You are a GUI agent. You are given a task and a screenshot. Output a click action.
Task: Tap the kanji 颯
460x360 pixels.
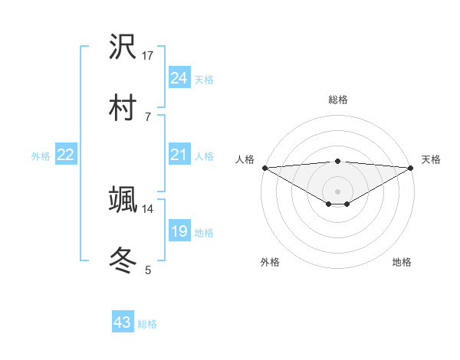click(123, 198)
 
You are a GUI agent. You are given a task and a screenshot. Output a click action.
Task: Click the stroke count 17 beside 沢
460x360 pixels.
click(148, 56)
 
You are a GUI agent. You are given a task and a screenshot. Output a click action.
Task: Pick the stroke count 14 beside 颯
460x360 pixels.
click(148, 208)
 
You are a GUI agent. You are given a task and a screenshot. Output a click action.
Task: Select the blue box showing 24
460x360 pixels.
click(179, 78)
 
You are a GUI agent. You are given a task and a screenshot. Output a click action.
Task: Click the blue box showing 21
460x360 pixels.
click(179, 155)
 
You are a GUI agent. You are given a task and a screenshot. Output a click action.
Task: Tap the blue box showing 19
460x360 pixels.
click(179, 231)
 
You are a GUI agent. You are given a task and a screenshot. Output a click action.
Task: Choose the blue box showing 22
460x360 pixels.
click(65, 155)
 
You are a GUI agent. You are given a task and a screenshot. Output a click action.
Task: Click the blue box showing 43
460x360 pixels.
click(122, 322)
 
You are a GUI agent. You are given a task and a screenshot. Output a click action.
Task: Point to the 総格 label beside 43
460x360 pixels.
click(147, 324)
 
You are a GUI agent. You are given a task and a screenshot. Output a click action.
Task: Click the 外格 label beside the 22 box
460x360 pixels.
click(41, 156)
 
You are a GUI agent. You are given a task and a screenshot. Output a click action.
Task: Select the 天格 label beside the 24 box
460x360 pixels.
click(203, 79)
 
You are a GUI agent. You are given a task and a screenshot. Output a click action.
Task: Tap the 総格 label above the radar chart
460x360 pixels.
click(337, 100)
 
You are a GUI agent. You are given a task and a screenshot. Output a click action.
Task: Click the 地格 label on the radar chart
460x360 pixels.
click(402, 262)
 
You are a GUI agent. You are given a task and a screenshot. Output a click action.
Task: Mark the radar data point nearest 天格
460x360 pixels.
click(412, 168)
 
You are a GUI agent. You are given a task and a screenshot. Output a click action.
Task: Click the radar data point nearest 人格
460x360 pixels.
click(264, 168)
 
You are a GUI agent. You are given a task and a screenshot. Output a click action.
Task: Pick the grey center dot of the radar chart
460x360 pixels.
click(337, 191)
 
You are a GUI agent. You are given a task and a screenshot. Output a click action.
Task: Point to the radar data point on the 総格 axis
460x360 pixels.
click(337, 161)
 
